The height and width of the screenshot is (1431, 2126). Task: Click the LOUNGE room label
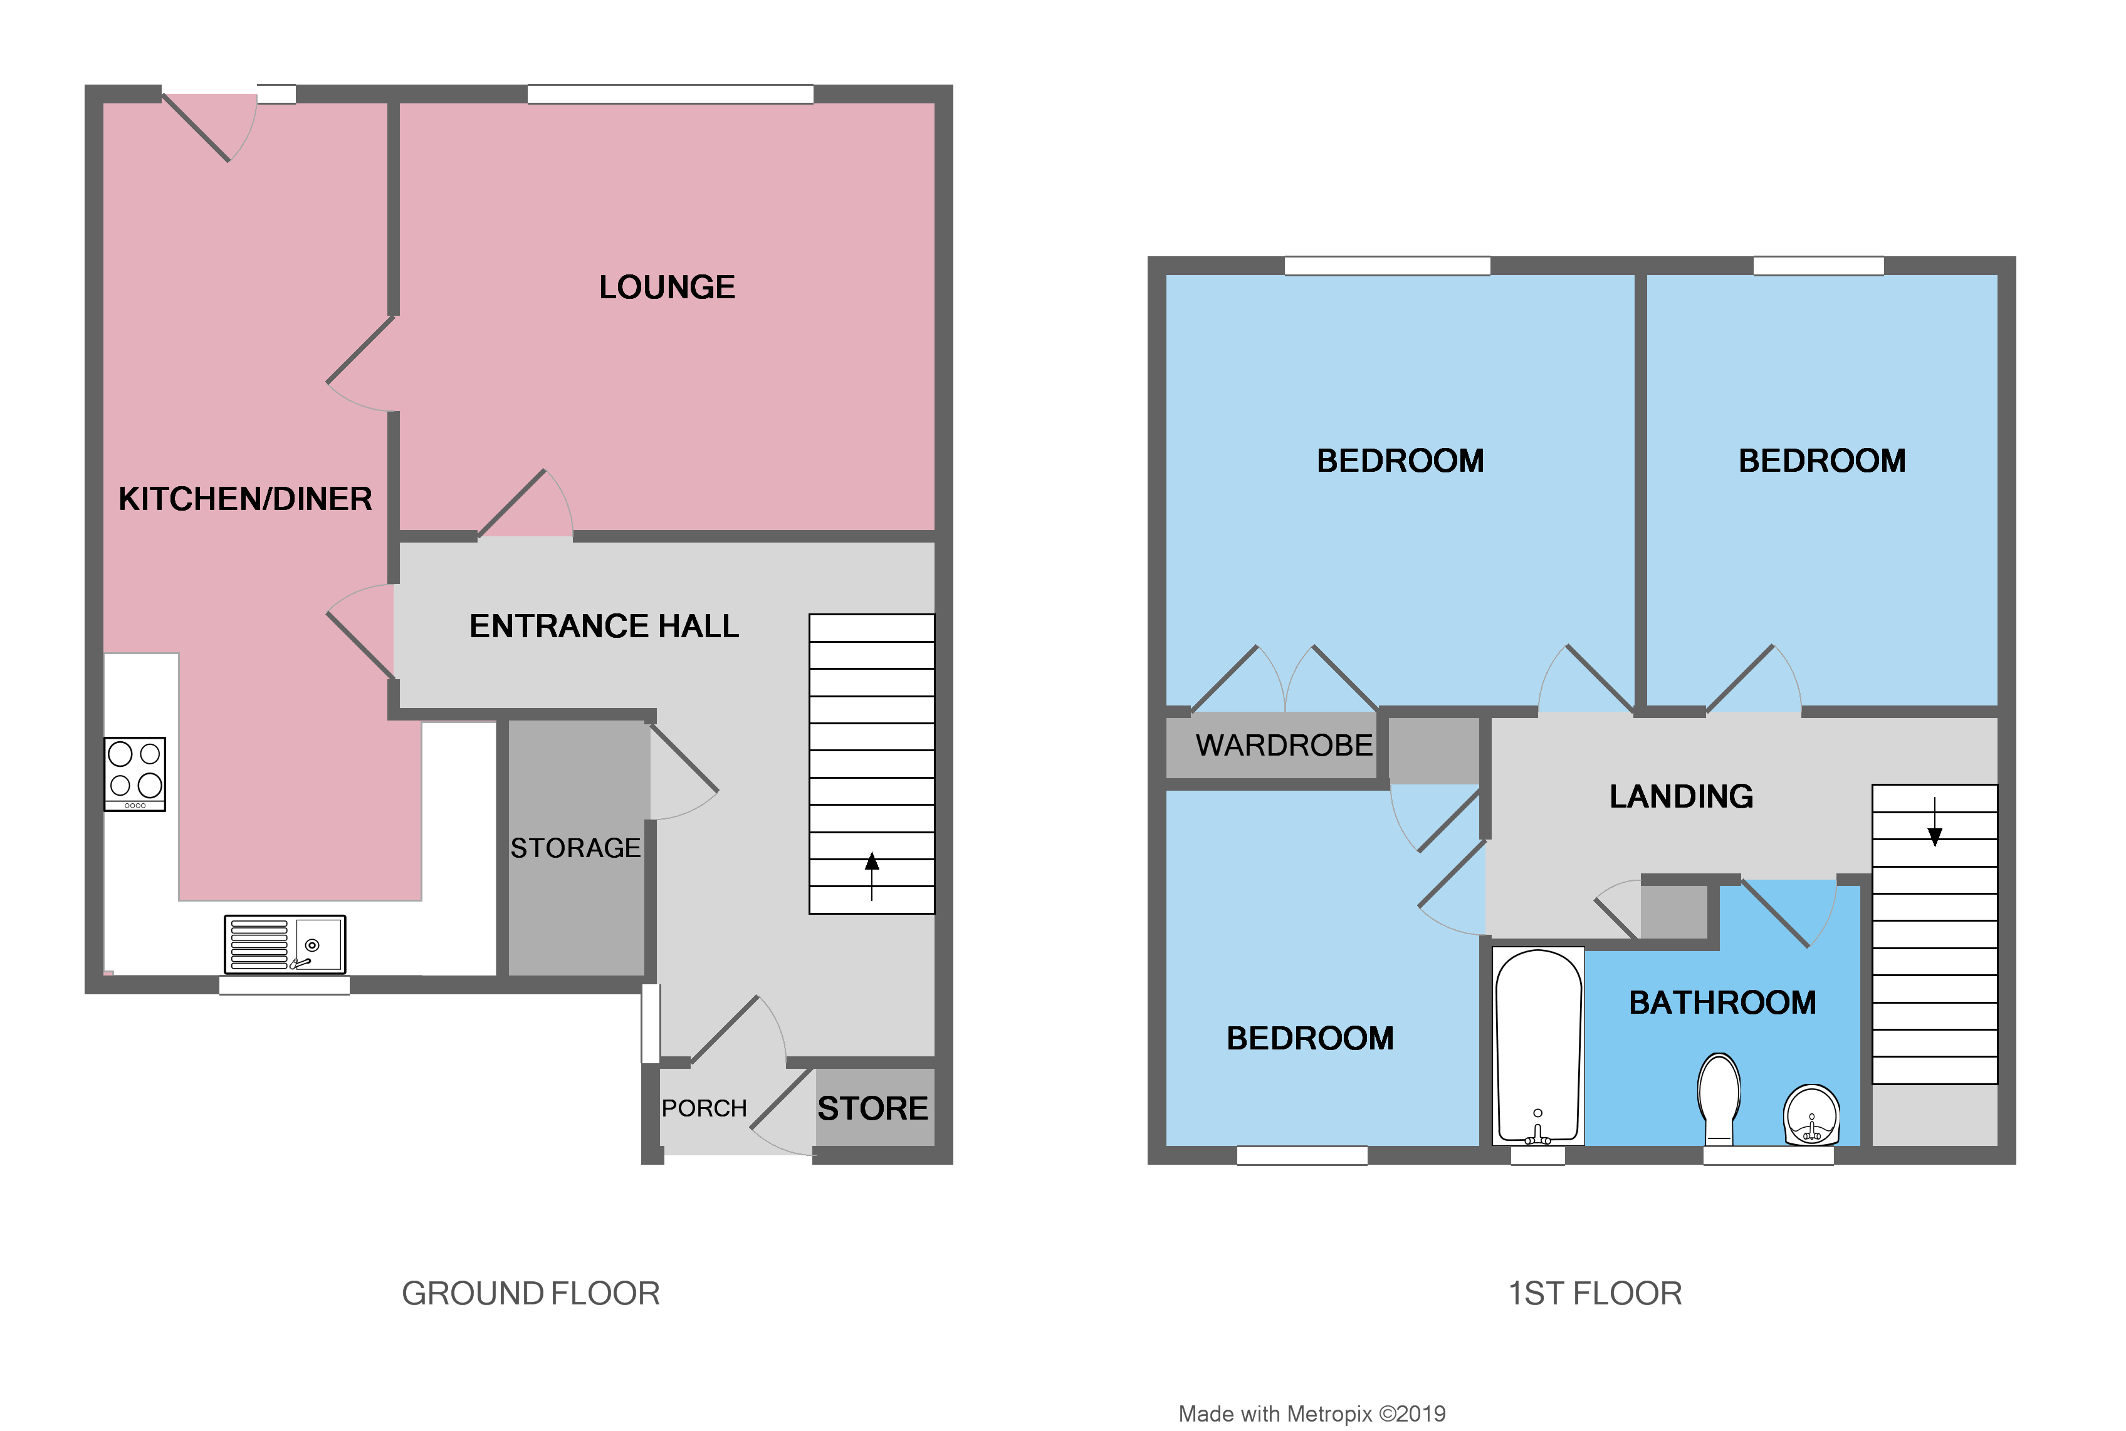666,288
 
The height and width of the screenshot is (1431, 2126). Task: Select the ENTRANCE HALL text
604,626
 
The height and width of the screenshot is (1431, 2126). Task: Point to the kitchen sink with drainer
285,944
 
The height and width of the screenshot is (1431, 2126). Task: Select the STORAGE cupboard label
575,848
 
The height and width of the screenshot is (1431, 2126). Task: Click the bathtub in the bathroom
1538,1046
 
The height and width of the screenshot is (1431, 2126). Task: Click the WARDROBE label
1284,746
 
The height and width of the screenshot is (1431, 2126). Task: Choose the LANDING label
1680,797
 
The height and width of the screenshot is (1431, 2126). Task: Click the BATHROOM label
1722,1003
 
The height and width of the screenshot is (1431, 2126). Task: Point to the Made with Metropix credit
1312,1413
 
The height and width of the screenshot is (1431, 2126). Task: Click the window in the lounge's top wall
670,94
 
